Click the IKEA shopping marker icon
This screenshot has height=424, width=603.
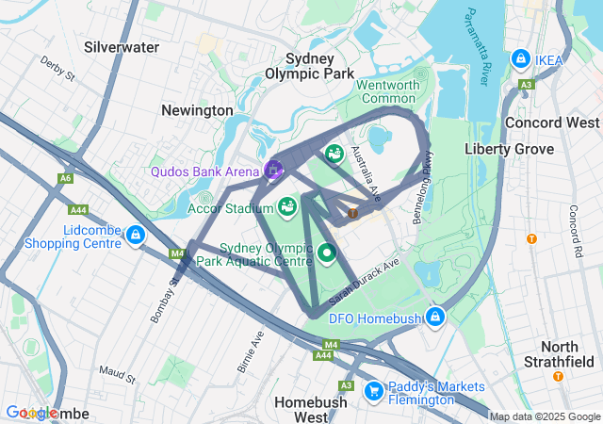[520, 59]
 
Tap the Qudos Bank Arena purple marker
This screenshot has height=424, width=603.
[273, 170]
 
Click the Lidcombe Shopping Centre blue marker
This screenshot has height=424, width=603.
[136, 235]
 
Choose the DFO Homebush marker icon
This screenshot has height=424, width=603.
[434, 316]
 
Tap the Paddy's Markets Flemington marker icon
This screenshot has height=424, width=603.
[373, 389]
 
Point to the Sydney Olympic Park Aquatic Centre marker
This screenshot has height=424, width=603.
[327, 252]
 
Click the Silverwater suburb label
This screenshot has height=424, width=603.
[122, 46]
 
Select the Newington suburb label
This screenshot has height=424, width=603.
[197, 110]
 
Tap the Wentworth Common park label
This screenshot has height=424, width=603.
[388, 91]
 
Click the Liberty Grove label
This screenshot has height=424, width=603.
[510, 149]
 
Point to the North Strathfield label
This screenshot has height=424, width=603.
[560, 354]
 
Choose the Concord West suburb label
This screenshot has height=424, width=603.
[552, 122]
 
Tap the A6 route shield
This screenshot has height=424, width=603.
[65, 178]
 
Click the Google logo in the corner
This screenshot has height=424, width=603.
[33, 413]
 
